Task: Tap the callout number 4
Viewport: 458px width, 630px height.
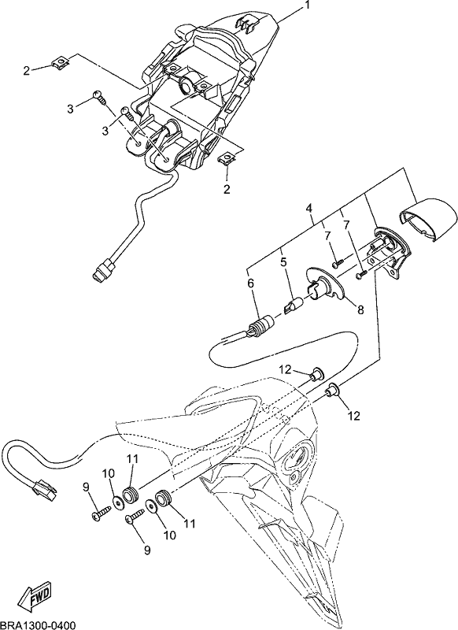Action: (x=309, y=209)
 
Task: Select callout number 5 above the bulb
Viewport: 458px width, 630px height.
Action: (x=284, y=262)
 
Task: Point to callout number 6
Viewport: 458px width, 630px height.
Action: (x=251, y=283)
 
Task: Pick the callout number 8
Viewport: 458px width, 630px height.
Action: (x=360, y=309)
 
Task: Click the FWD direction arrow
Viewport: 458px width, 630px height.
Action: (x=35, y=595)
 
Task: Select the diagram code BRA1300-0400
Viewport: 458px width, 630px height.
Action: (x=38, y=624)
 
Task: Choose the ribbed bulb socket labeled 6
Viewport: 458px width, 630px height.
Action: (x=260, y=324)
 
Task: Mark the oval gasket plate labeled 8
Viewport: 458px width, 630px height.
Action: (x=325, y=283)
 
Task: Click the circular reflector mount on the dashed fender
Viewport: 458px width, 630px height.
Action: (x=294, y=458)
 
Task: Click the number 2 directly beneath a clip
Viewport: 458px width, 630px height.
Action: (x=227, y=189)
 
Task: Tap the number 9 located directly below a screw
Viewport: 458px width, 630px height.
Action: (x=147, y=550)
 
